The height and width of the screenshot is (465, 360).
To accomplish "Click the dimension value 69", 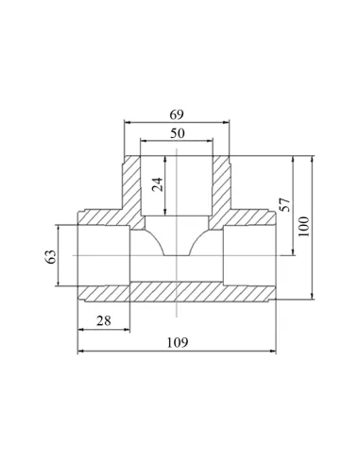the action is pos(177,115).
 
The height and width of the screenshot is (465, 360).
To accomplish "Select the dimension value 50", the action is pos(178,133).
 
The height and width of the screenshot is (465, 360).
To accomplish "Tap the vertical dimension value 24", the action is pos(158,184).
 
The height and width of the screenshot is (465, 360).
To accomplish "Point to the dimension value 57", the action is pos(284,205).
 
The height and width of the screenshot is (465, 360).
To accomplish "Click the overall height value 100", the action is pos(304,227).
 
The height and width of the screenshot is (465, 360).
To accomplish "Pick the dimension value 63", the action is pos(51,256).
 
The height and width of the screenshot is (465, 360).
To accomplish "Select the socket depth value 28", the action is pos(104,321).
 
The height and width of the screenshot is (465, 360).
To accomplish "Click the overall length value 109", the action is pos(178,342).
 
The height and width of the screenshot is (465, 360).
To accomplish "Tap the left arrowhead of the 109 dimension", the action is pos(80,351).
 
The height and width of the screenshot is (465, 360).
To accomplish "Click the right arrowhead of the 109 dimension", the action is pos(273,351).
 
